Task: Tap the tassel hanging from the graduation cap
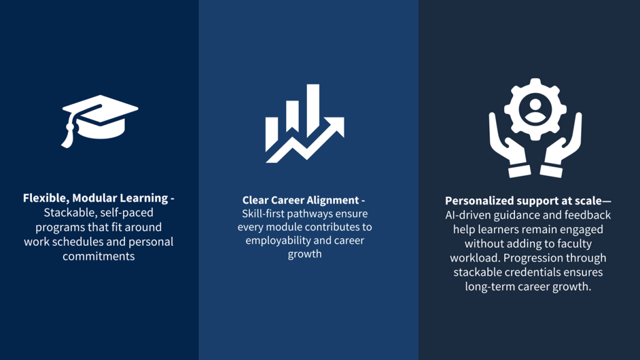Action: pyautogui.click(x=68, y=133)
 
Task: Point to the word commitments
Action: pyautogui.click(x=98, y=256)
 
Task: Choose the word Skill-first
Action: pyautogui.click(x=263, y=214)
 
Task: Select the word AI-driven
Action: pyautogui.click(x=468, y=215)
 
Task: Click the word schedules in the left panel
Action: pyautogui.click(x=101, y=242)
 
